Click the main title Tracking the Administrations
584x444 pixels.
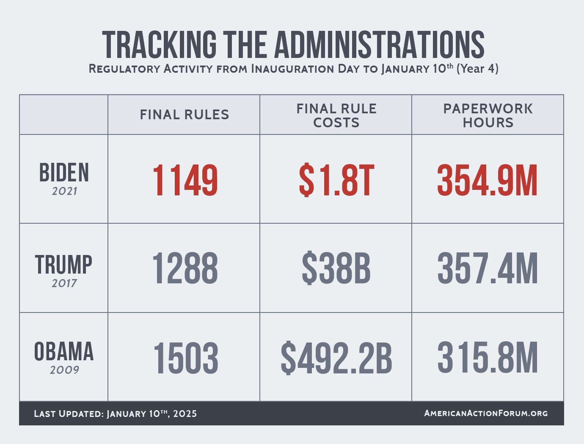[x=293, y=44]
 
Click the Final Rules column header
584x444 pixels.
[x=184, y=115]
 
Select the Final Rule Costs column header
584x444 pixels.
[x=336, y=115]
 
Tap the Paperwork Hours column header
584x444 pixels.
[x=488, y=115]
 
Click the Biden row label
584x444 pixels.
[x=64, y=173]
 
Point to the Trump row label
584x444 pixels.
[x=63, y=265]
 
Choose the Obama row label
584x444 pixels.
[x=64, y=352]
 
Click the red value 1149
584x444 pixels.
[x=185, y=181]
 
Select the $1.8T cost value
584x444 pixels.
[x=336, y=181]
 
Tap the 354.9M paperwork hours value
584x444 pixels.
[x=487, y=181]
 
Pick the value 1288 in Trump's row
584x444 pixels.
[x=185, y=268]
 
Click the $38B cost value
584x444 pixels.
[x=336, y=268]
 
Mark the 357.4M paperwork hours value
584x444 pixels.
[x=487, y=268]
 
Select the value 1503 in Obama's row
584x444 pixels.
[x=185, y=358]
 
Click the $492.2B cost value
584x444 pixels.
[x=336, y=358]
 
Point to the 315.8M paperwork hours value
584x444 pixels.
[x=487, y=358]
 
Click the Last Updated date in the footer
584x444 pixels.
[x=115, y=414]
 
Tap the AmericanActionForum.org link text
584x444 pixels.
[x=486, y=413]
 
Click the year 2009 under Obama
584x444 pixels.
[x=64, y=370]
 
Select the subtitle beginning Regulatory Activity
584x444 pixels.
[x=293, y=69]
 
